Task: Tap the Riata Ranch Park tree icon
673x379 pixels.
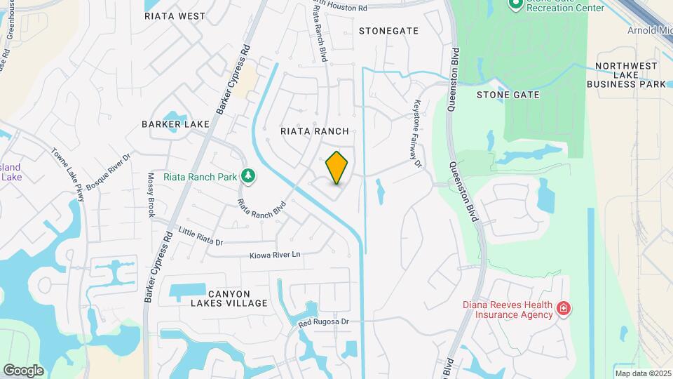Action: pyautogui.click(x=247, y=176)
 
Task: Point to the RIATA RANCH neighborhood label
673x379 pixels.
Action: pyautogui.click(x=315, y=131)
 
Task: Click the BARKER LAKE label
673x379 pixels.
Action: pyautogui.click(x=175, y=124)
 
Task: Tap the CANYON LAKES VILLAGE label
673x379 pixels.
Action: pyautogui.click(x=229, y=298)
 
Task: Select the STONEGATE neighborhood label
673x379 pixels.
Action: pyautogui.click(x=388, y=31)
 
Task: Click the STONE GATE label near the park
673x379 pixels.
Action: pyautogui.click(x=508, y=95)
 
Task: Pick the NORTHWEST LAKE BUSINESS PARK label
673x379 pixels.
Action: pyautogui.click(x=626, y=75)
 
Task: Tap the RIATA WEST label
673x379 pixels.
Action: pyautogui.click(x=175, y=15)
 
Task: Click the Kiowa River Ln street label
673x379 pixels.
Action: pyautogui.click(x=275, y=254)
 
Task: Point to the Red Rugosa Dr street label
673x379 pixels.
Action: pyautogui.click(x=323, y=323)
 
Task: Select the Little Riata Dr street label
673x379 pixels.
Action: pyautogui.click(x=200, y=237)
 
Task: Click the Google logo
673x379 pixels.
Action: pyautogui.click(x=23, y=370)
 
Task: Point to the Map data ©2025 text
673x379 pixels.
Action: pyautogui.click(x=642, y=373)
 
